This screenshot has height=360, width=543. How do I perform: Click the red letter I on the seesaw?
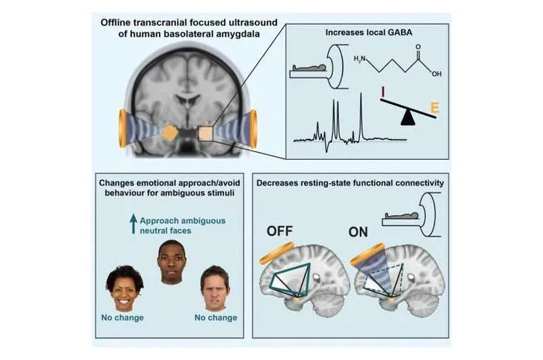pyautogui.click(x=383, y=92)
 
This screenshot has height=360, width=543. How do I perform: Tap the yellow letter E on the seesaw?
pyautogui.click(x=435, y=108)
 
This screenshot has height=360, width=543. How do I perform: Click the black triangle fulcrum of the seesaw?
pyautogui.click(x=408, y=118)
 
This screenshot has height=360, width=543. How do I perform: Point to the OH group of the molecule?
pyautogui.click(x=436, y=74)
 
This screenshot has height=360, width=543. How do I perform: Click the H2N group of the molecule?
pyautogui.click(x=359, y=59)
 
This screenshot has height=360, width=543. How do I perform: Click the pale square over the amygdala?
pyautogui.click(x=206, y=133)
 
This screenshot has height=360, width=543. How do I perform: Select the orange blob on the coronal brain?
pyautogui.click(x=170, y=133)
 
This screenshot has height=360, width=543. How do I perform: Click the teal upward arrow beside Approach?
pyautogui.click(x=133, y=223)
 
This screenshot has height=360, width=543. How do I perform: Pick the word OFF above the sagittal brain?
pyautogui.click(x=280, y=231)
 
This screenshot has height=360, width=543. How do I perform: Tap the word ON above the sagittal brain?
pyautogui.click(x=358, y=232)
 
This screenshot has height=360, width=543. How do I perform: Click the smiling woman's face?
pyautogui.click(x=124, y=289)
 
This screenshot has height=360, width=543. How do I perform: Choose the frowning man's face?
pyautogui.click(x=215, y=289)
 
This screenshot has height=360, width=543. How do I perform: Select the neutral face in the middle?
pyautogui.click(x=171, y=262)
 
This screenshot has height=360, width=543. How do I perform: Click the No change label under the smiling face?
pyautogui.click(x=123, y=318)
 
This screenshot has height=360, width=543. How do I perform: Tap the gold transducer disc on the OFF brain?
pyautogui.click(x=277, y=253)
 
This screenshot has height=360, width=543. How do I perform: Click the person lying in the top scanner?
pyautogui.click(x=310, y=67)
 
